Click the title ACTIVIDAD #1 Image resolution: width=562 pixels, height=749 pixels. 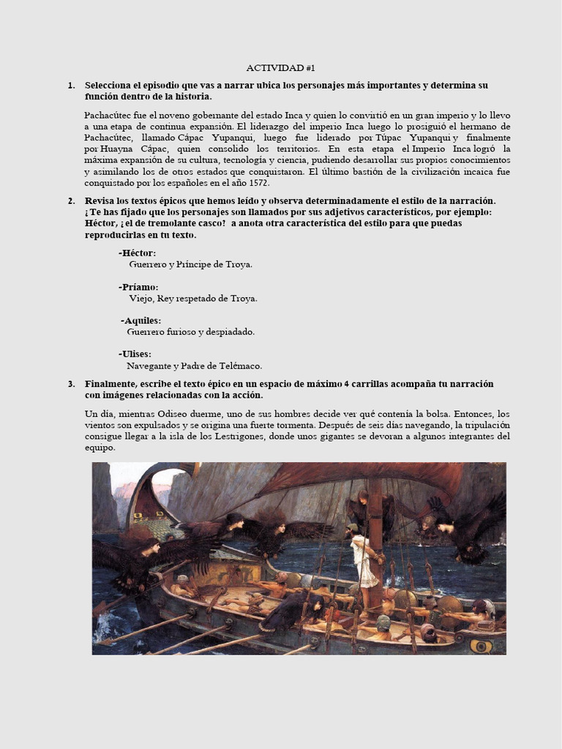point(280,68)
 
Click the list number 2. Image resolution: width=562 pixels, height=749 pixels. point(72,201)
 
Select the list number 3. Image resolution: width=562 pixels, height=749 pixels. point(72,384)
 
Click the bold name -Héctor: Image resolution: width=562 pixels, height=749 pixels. point(137,253)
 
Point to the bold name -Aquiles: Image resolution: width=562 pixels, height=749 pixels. point(141,320)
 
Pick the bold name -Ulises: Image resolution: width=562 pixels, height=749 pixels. point(137,354)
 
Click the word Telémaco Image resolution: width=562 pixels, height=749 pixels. point(238,366)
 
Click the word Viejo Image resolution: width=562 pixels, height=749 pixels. point(141,298)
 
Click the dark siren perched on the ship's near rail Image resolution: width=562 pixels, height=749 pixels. point(293,611)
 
